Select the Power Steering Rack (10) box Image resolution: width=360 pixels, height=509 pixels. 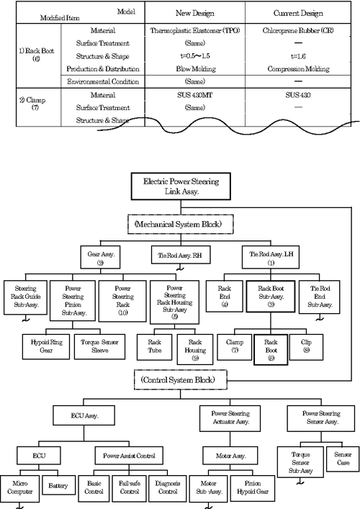[118, 300]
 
